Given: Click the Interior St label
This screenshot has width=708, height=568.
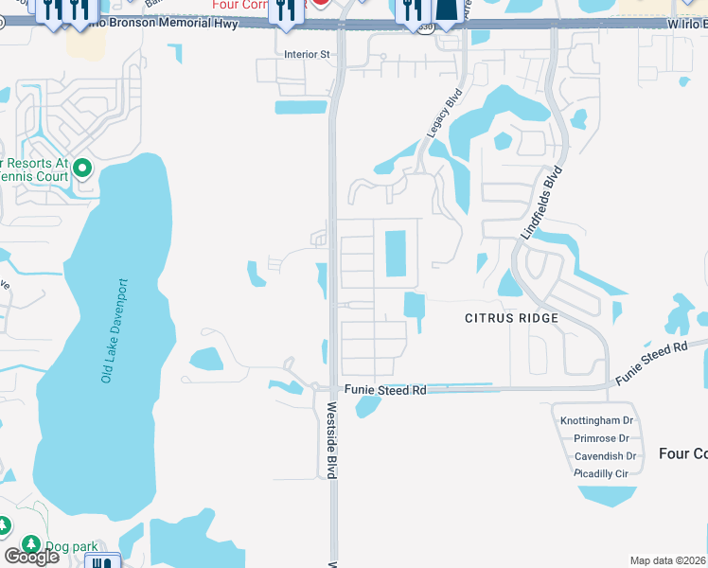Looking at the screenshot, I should tap(307, 55).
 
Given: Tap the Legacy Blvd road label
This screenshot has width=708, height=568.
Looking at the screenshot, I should tap(442, 114).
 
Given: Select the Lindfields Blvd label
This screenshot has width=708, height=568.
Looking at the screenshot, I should tap(540, 203).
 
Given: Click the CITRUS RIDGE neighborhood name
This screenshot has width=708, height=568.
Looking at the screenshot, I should tap(511, 318).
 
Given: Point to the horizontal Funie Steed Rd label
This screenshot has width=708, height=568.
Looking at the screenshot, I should tap(385, 389).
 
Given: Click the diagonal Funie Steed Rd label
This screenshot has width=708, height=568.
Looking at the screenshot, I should tap(651, 363).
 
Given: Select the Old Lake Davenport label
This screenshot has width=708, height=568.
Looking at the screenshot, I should tap(113, 330).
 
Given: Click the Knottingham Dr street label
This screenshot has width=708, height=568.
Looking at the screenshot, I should tap(596, 419).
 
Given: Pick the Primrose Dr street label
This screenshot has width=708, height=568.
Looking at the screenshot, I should tap(601, 438).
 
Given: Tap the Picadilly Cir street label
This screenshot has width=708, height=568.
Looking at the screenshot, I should tap(601, 473).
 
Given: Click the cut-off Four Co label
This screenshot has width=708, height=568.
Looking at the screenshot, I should tap(682, 454).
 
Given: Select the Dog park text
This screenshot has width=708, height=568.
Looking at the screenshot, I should tap(70, 546).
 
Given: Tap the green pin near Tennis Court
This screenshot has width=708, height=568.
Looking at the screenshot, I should tap(82, 169).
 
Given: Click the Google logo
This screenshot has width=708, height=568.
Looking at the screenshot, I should tap(30, 556).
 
